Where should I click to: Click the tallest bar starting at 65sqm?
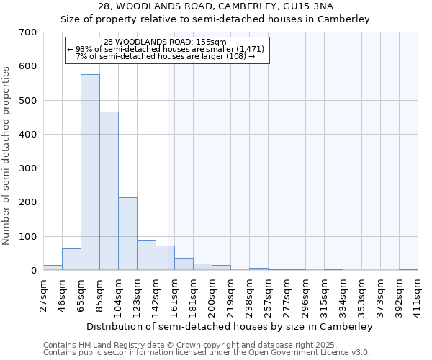tap(90, 173)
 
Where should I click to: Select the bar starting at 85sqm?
tap(109, 191)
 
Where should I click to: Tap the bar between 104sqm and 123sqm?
tap(127, 234)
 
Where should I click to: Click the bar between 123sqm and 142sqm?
tap(146, 256)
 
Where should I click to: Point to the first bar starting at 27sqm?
tap(53, 267)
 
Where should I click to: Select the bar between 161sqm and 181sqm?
tap(184, 264)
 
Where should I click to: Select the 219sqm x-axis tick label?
tap(230, 293)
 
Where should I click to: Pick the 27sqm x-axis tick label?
tap(43, 293)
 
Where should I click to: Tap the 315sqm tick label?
tap(324, 293)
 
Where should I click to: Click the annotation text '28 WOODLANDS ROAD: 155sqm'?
tap(165, 42)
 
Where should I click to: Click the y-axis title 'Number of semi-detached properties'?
tap(7, 154)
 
